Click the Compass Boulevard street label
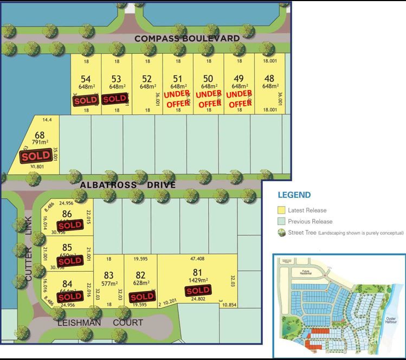(x=187, y=38)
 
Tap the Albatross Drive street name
(x=127, y=185)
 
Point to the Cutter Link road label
(x=29, y=248)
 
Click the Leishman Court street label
(x=101, y=323)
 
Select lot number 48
(x=269, y=79)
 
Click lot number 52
(x=147, y=79)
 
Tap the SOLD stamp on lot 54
(x=86, y=100)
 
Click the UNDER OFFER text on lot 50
(x=209, y=99)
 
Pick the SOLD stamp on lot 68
(x=35, y=156)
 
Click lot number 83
(x=108, y=275)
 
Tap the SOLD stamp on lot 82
(x=142, y=297)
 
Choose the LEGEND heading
(x=294, y=195)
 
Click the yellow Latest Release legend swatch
(x=281, y=210)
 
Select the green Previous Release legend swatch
(x=281, y=221)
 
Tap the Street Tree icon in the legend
(x=281, y=233)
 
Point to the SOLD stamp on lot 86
(x=70, y=225)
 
